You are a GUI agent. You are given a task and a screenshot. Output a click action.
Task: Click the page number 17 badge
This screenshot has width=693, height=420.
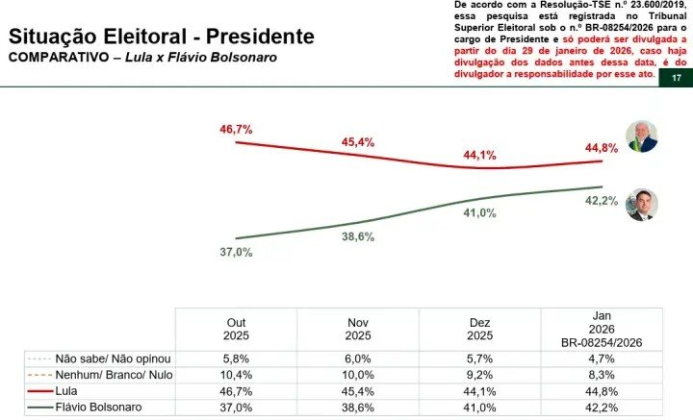pyautogui.click(x=676, y=79)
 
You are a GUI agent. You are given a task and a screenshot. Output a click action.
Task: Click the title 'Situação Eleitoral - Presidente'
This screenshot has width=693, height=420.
pyautogui.click(x=161, y=37)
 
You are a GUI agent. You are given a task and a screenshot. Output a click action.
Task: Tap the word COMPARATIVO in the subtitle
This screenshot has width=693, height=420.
pyautogui.click(x=53, y=58)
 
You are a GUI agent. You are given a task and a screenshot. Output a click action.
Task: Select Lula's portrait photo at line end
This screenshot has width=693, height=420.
pyautogui.click(x=641, y=136)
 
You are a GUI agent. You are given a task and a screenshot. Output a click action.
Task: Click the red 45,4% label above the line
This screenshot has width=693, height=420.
pyautogui.click(x=358, y=141)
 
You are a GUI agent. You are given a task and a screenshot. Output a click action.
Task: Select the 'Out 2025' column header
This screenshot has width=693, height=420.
pyautogui.click(x=236, y=330)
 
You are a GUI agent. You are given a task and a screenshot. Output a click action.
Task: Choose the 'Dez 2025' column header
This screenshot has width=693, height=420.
pyautogui.click(x=480, y=330)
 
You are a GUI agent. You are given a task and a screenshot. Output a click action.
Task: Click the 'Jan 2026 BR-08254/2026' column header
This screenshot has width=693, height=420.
pyautogui.click(x=603, y=330)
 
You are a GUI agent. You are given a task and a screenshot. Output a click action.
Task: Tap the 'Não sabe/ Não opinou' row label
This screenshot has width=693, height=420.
pyautogui.click(x=98, y=358)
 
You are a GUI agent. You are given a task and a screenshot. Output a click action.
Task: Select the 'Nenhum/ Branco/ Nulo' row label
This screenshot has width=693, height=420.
pyautogui.click(x=98, y=374)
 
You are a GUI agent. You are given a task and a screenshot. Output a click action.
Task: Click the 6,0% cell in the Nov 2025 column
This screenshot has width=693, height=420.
pyautogui.click(x=358, y=358)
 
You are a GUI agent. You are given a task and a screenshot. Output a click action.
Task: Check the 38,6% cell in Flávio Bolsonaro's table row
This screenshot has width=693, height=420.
pyautogui.click(x=358, y=408)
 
